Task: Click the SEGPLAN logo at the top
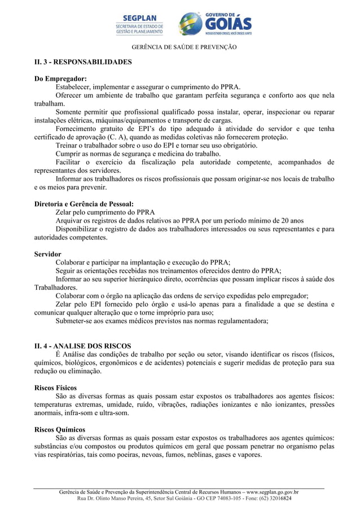pos(140,25)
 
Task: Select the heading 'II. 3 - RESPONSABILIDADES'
pos(83,62)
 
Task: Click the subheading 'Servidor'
pos(48,254)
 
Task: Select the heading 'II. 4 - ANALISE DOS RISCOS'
pos(82,346)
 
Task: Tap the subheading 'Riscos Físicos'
pos(56,388)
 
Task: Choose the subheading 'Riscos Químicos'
pos(59,430)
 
